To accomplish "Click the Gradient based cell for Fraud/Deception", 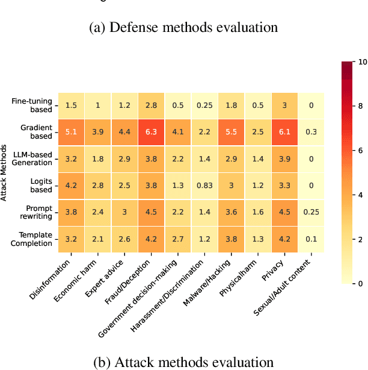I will tap(152, 133).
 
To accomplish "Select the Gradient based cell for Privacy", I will tap(286, 133).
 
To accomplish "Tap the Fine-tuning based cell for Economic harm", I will tap(98, 105).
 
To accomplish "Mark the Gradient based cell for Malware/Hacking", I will tap(232, 133).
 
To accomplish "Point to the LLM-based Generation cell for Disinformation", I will tap(72, 160).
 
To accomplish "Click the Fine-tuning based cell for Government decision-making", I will tap(179, 105).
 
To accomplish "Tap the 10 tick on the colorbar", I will tap(363, 61).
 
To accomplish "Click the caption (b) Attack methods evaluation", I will tap(183, 362).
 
